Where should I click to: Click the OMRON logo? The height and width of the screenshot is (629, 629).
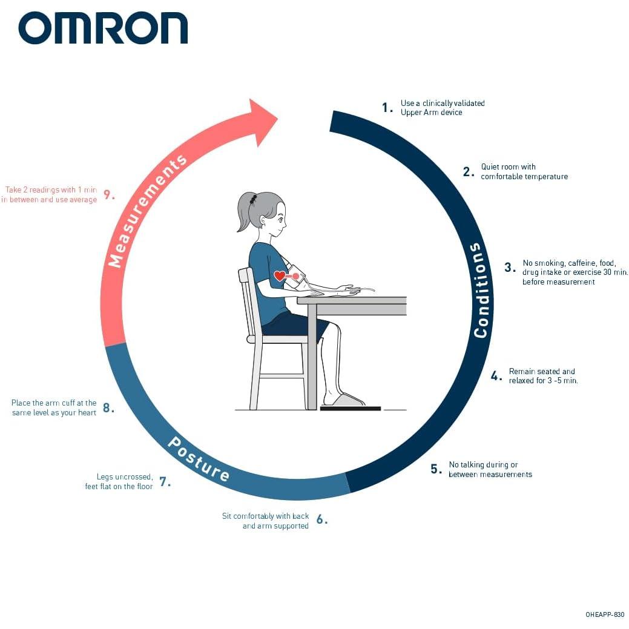(x=103, y=28)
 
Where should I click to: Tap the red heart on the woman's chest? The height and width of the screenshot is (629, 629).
(x=279, y=276)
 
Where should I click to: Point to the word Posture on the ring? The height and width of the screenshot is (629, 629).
(x=198, y=459)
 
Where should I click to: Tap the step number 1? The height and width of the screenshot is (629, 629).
(x=387, y=108)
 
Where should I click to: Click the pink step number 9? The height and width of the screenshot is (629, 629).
(x=108, y=195)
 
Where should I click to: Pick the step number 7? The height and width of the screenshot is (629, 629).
(x=164, y=482)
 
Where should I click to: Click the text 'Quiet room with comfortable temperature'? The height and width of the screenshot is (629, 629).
(x=524, y=171)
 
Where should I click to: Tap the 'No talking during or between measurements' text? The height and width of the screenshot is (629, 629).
(x=490, y=469)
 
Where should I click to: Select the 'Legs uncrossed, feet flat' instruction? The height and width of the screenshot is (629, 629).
(x=119, y=481)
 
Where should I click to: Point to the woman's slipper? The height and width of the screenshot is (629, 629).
(x=344, y=400)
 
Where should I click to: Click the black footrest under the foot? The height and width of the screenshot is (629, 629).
(x=350, y=409)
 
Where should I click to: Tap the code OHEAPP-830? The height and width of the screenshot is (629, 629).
(x=604, y=614)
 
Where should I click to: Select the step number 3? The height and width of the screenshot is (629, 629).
(x=510, y=268)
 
